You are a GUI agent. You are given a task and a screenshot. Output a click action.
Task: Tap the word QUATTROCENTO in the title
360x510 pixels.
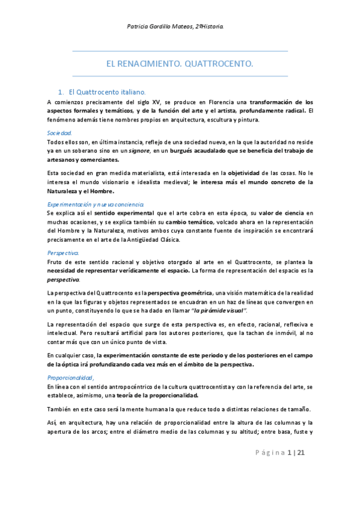click(x=219, y=64)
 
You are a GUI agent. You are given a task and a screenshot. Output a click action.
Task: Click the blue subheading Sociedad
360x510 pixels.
click(x=59, y=132)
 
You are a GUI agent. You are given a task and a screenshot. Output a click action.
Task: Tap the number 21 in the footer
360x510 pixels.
click(x=302, y=469)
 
